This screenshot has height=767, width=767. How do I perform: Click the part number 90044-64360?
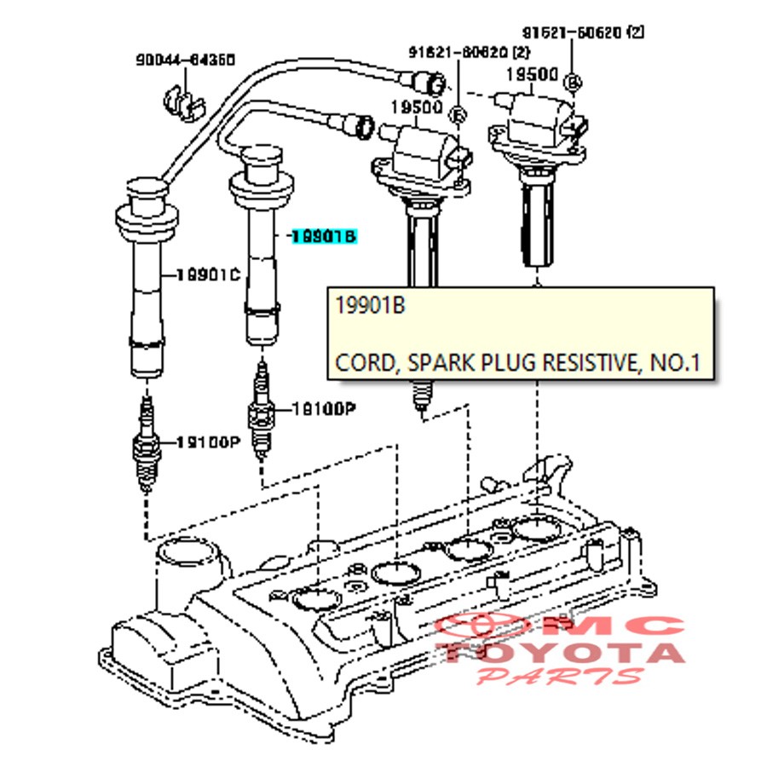(186, 60)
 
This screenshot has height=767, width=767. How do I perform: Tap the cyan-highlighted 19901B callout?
(322, 237)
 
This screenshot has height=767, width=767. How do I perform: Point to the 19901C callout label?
(208, 274)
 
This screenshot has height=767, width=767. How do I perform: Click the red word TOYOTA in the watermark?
(563, 654)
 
